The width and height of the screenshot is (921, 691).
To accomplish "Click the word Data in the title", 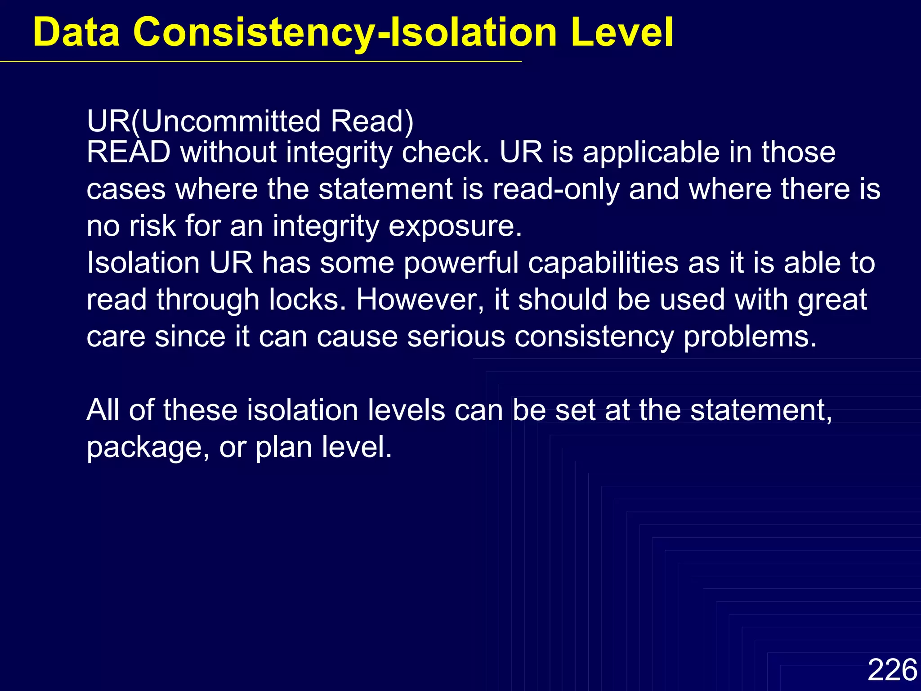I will pos(76,32).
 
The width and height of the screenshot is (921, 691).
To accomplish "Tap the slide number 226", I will pos(892,669).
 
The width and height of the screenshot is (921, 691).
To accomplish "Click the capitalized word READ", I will pos(129,152).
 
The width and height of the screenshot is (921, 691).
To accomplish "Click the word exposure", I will pos(455,226).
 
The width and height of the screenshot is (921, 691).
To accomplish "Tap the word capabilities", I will pos(603,263).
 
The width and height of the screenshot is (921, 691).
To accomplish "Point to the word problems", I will pos(750,337).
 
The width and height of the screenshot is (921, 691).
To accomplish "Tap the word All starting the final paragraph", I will pos(103,410).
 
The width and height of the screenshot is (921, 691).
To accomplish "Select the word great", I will pos(832,300).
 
